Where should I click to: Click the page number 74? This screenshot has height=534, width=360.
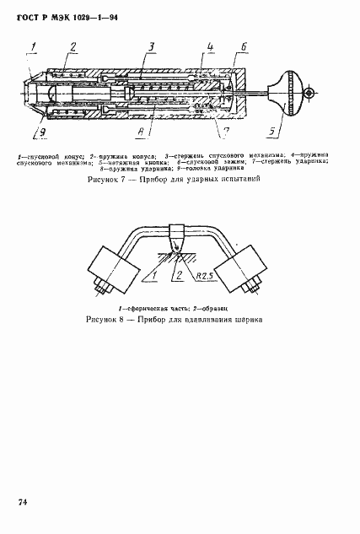pos(24,504)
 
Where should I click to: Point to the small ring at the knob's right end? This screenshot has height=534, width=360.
pos(310,94)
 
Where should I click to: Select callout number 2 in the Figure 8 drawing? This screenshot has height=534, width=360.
pos(178,273)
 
